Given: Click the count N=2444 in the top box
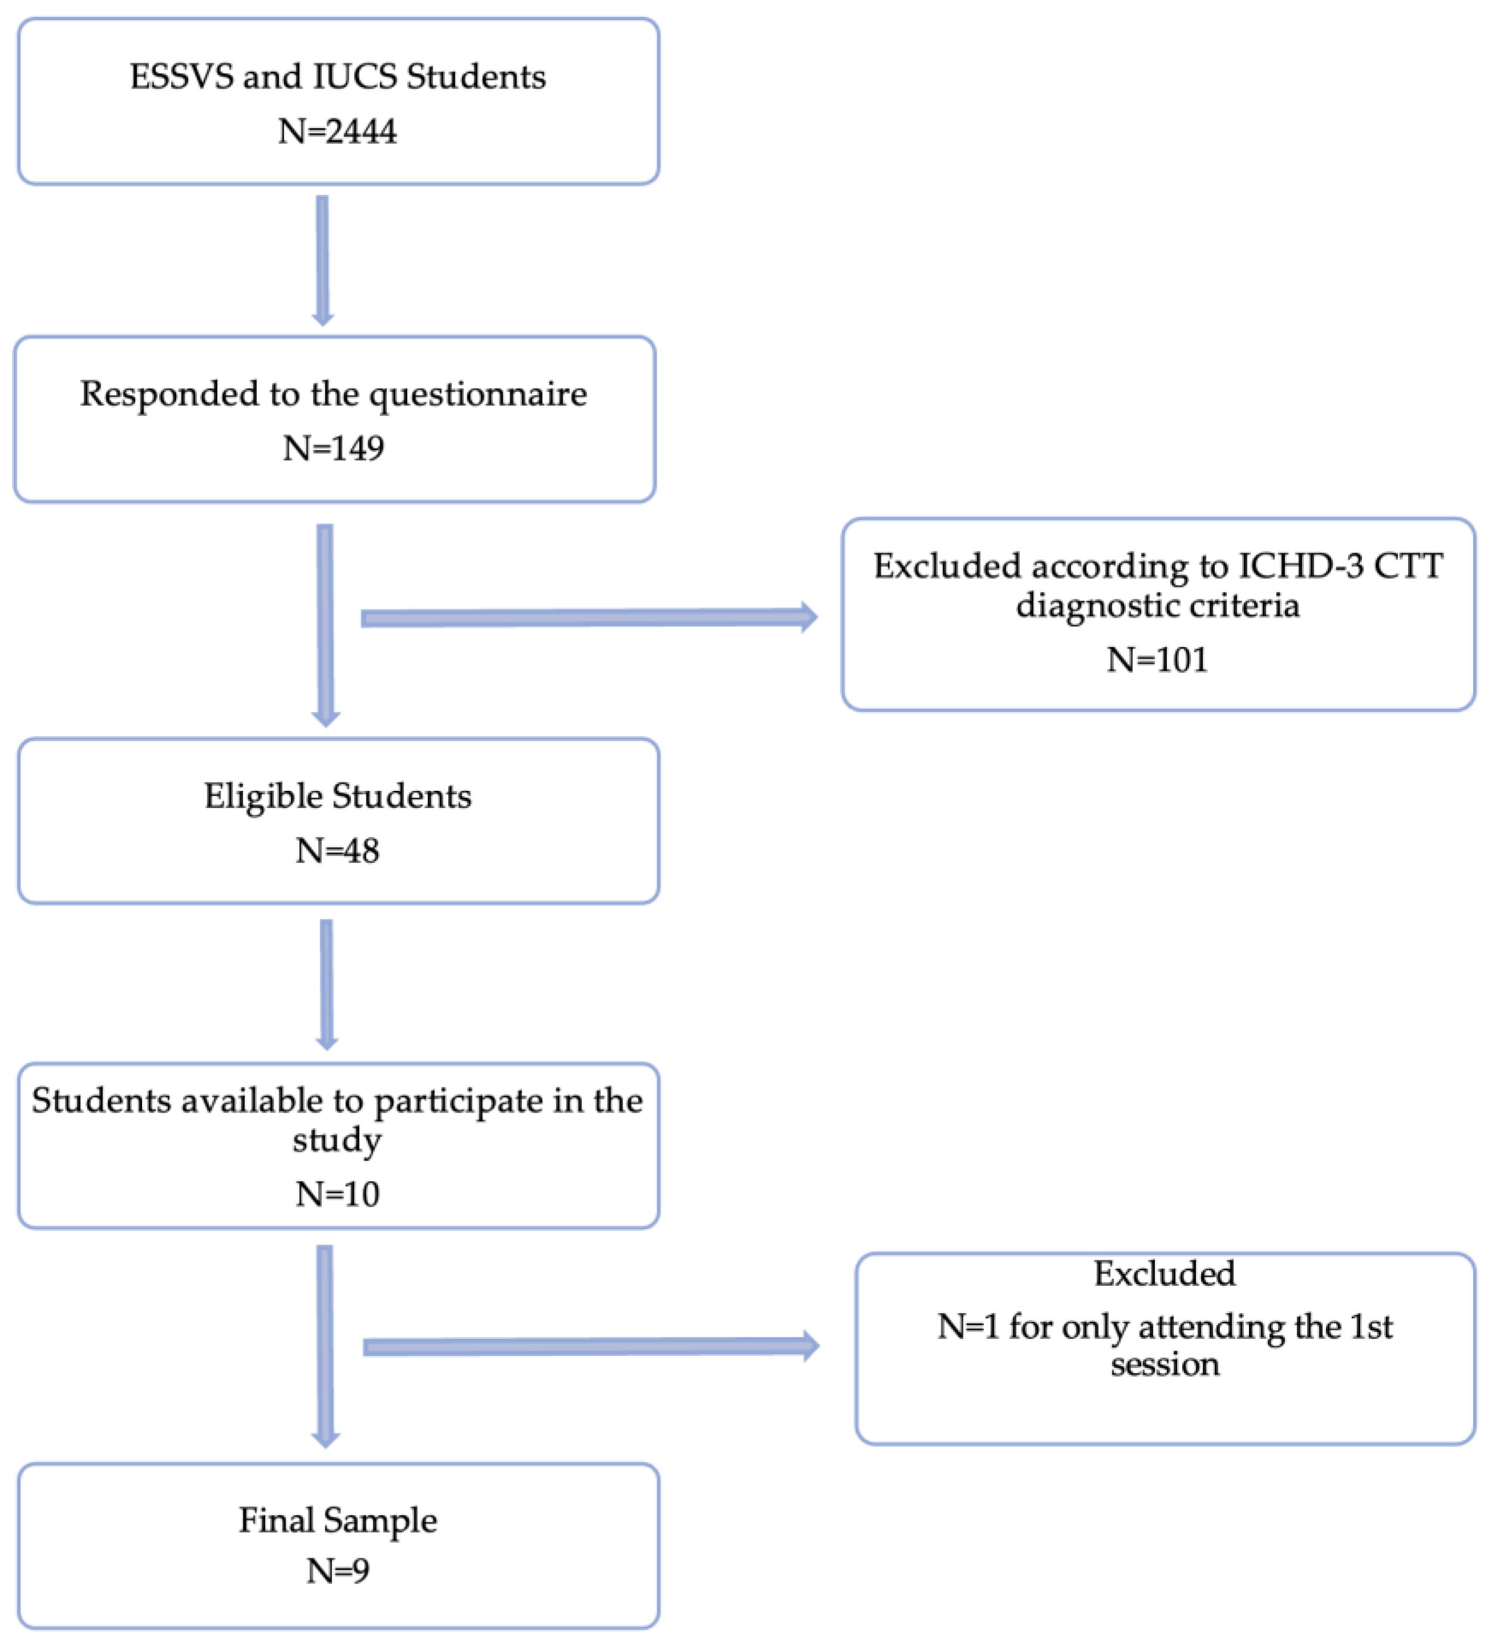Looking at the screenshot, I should point(337,131).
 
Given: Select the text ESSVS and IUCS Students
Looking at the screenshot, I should point(337,77).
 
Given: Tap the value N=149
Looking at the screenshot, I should point(333,448).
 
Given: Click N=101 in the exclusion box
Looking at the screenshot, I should point(1156,659).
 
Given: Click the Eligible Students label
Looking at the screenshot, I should point(337,795).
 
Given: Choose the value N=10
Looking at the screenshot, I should point(337,1195).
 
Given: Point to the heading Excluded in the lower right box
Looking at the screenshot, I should point(1164,1274).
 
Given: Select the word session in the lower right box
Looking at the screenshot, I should point(1164,1364).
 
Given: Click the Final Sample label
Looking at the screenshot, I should point(337,1520).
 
